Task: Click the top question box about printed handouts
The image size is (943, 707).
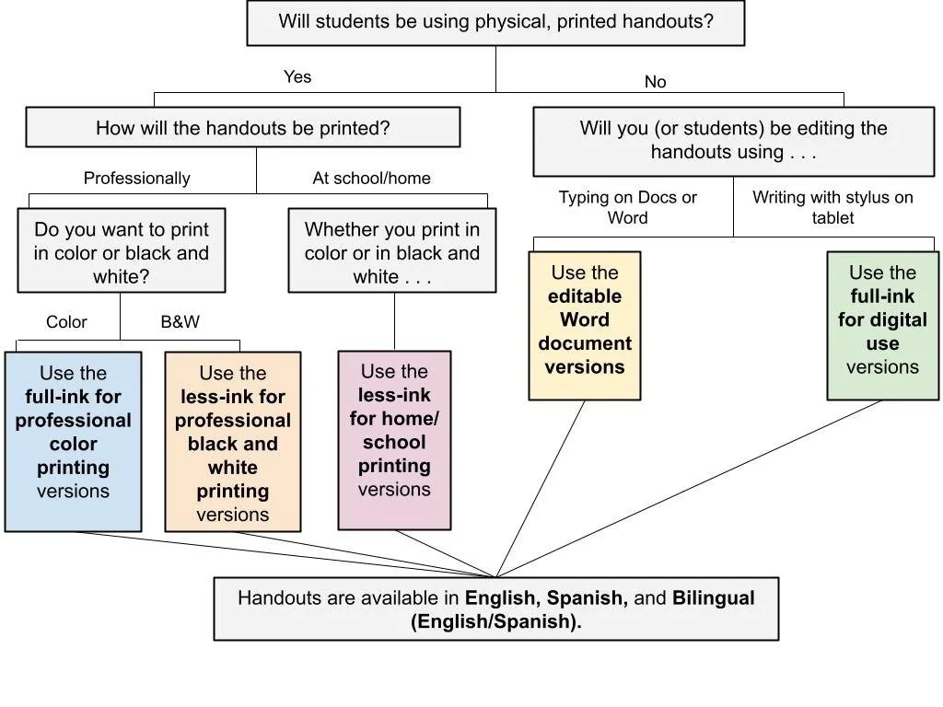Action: (495, 23)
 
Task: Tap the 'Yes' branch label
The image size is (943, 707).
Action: (297, 77)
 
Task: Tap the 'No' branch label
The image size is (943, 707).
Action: (655, 83)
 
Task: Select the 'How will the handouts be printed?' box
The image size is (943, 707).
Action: (243, 128)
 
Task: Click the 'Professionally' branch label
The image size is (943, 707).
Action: (136, 179)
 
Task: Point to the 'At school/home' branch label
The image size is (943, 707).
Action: (371, 179)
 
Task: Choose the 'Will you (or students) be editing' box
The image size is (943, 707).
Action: (733, 141)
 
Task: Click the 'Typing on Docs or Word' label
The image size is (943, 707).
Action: (627, 208)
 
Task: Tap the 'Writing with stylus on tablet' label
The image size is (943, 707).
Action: (832, 208)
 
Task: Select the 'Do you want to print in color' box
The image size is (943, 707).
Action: (121, 252)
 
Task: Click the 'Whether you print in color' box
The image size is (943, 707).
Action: (392, 252)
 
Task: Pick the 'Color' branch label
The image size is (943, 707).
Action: (66, 322)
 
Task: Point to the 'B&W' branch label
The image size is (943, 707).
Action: (180, 322)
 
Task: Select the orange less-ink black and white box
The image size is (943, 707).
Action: (232, 443)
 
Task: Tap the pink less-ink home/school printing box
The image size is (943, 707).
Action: (394, 441)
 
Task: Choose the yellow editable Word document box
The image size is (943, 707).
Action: (585, 326)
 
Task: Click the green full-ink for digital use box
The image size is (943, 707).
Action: (882, 326)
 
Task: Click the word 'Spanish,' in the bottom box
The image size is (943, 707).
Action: (588, 598)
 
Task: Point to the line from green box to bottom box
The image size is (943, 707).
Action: (691, 488)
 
